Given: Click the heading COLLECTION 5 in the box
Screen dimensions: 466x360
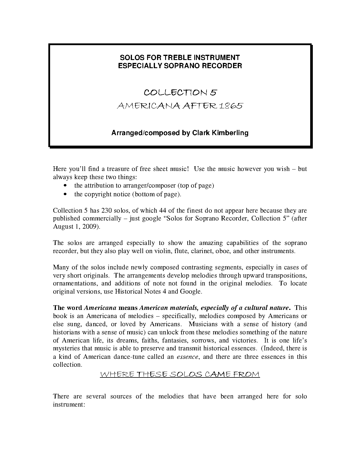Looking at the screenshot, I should [180, 92].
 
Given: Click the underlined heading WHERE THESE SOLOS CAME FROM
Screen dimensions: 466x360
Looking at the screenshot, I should [180, 375].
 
